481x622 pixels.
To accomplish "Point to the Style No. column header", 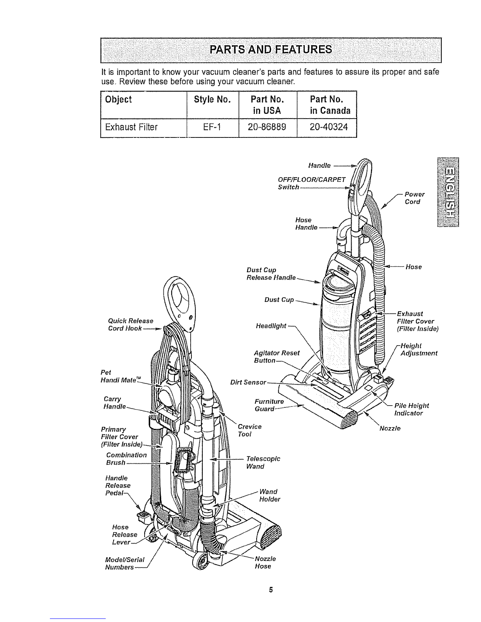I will pyautogui.click(x=212, y=99).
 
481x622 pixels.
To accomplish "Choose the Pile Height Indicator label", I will pyautogui.click(x=411, y=409).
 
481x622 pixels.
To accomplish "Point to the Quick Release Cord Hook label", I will pyautogui.click(x=130, y=324).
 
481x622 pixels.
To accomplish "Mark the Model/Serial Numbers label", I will pyautogui.click(x=119, y=563).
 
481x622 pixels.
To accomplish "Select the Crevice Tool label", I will pyautogui.click(x=250, y=430).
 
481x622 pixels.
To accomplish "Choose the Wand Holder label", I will pyautogui.click(x=270, y=496).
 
